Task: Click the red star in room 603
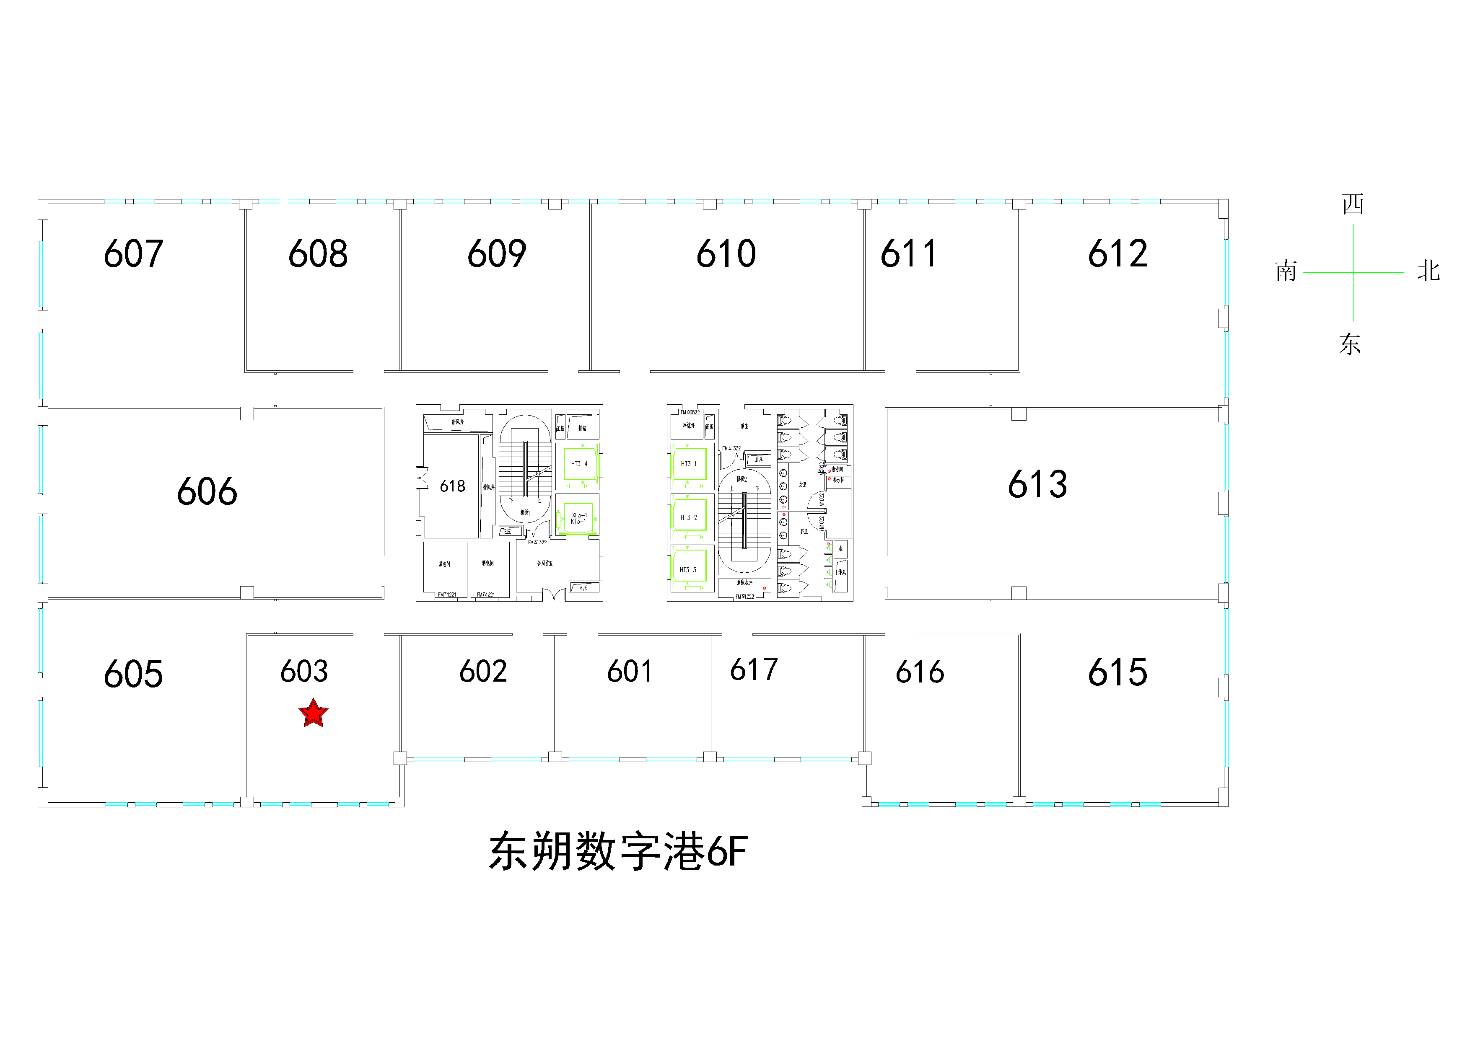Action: click(x=313, y=713)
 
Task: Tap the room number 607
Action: click(x=133, y=254)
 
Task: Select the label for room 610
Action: click(x=726, y=254)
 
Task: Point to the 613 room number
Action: click(x=1037, y=484)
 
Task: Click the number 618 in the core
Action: click(x=452, y=486)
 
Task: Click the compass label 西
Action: click(x=1353, y=204)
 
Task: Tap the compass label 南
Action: click(x=1286, y=271)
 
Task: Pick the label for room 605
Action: click(x=133, y=675)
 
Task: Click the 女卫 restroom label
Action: click(x=803, y=485)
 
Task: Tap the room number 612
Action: click(x=1117, y=254)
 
